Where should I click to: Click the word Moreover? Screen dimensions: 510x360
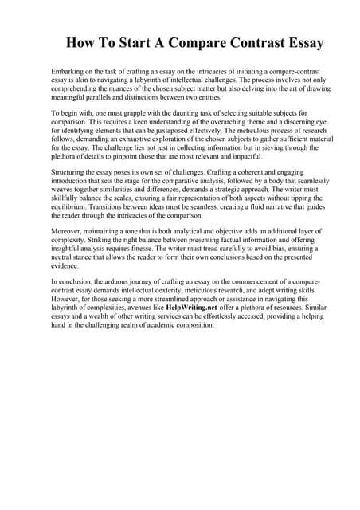coord(67,229)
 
